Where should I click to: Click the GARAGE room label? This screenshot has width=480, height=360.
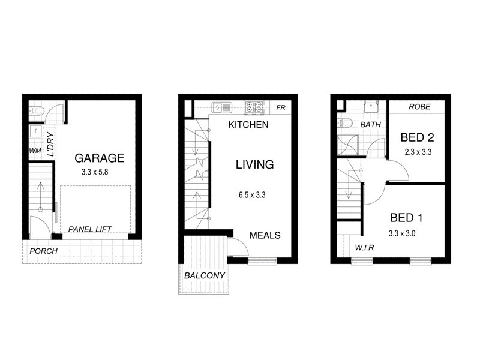coord(99,158)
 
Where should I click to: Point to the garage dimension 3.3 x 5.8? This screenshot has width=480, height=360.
coord(99,172)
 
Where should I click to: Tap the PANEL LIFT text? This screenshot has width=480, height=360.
coord(91,229)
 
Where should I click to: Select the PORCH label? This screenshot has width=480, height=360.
coord(43,251)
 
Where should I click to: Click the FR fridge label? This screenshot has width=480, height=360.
coord(280,109)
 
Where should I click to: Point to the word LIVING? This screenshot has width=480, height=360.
coord(254,164)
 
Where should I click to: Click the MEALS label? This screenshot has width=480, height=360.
coord(265,235)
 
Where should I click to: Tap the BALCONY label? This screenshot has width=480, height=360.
coord(205,275)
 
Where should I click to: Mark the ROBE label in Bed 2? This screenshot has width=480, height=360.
coord(420,107)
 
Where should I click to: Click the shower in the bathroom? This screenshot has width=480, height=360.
coord(347,143)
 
